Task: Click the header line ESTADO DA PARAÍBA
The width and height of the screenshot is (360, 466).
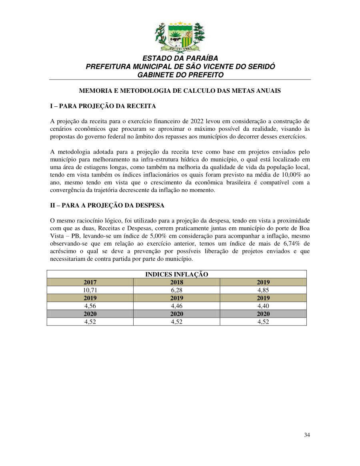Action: click(180, 58)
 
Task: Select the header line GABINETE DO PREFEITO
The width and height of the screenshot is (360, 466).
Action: click(180, 75)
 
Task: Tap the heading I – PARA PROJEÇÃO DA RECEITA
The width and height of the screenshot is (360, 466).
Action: click(103, 106)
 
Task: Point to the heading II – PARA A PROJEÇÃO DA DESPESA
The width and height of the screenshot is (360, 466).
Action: click(107, 205)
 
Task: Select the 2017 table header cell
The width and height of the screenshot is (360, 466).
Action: click(90, 282)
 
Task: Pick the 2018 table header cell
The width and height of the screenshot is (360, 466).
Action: click(176, 282)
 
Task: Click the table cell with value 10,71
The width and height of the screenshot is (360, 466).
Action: click(90, 290)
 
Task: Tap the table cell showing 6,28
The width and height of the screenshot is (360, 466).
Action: click(176, 290)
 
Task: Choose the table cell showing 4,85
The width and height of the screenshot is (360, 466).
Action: click(263, 290)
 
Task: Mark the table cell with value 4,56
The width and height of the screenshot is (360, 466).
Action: click(90, 306)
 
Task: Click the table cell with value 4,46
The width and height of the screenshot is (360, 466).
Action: click(176, 306)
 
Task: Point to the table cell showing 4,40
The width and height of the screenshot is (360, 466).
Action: click(263, 306)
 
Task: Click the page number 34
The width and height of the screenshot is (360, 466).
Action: click(307, 435)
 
